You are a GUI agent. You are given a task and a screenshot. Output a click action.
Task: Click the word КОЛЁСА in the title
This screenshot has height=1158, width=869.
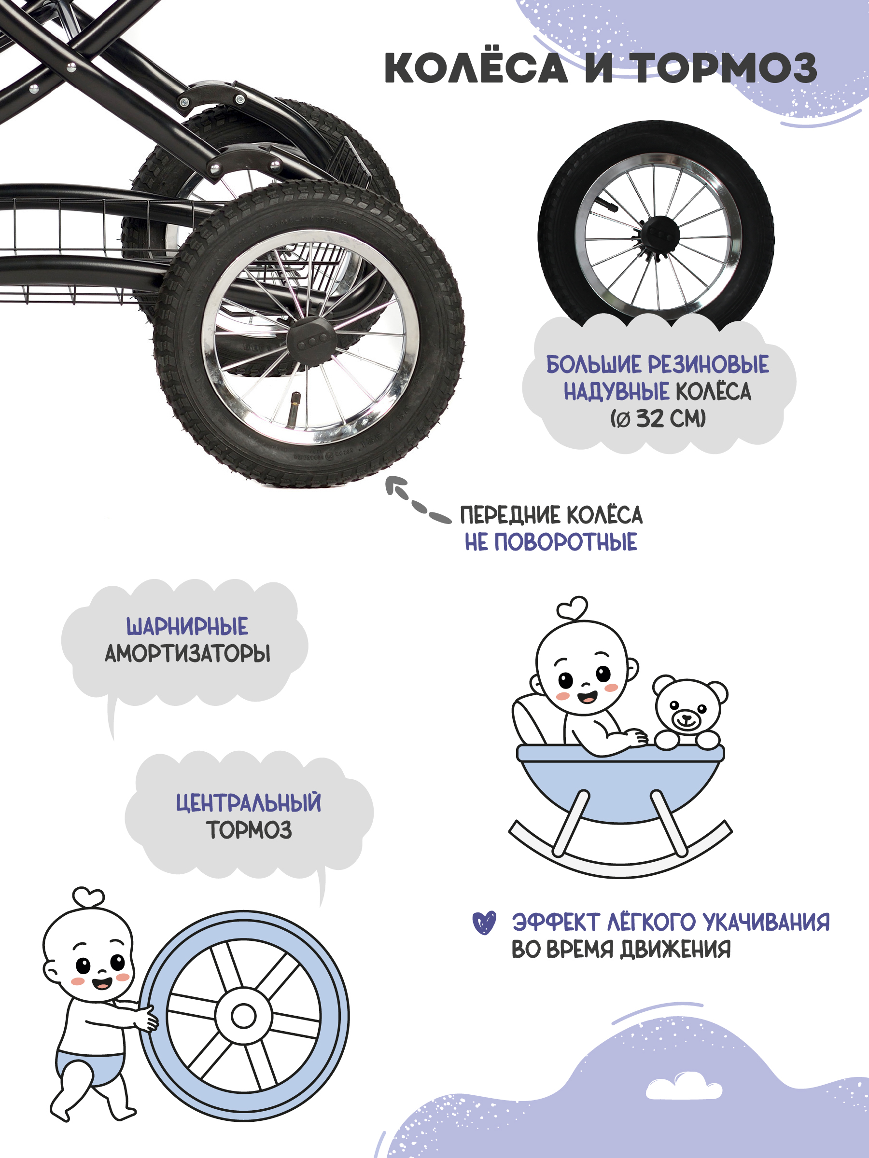point(476,68)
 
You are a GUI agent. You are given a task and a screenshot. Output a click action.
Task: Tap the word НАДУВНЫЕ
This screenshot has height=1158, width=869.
point(616,392)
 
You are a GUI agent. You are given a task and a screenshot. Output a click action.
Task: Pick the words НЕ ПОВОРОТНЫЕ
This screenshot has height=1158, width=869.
point(551,542)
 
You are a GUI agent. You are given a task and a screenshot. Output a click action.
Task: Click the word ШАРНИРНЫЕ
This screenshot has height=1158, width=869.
point(187,626)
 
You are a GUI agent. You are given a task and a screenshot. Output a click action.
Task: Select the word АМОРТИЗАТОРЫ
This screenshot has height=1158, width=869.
point(187,653)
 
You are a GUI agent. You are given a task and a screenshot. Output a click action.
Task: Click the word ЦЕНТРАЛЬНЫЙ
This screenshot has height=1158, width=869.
point(248,802)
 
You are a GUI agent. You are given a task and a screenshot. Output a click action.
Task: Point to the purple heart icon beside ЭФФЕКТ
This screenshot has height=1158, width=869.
point(483,923)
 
